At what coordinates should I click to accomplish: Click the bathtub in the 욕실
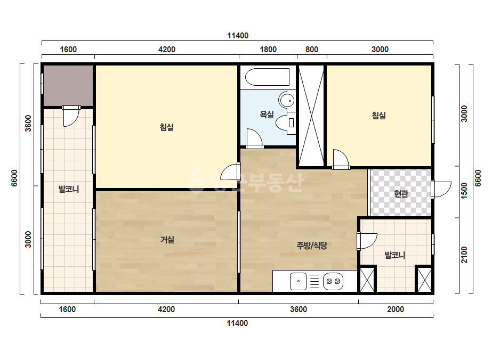[267, 77]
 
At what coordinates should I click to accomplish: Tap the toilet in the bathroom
[286, 122]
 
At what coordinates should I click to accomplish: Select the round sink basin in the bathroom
[287, 101]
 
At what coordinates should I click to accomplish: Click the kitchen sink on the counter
[298, 281]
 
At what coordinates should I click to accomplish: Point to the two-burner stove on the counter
[333, 281]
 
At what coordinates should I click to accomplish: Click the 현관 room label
[401, 193]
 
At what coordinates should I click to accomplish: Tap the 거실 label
[167, 240]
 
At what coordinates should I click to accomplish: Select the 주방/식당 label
[312, 245]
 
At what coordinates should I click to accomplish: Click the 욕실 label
[267, 114]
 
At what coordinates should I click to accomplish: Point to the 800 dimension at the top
[312, 49]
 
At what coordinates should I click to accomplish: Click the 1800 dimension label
[268, 49]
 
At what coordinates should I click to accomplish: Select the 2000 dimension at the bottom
[396, 309]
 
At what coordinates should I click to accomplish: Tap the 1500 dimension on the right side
[464, 190]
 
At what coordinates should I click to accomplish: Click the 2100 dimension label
[464, 255]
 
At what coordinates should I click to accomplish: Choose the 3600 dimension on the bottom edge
[299, 309]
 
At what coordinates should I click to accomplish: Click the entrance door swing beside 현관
[441, 190]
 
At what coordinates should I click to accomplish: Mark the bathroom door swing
[254, 138]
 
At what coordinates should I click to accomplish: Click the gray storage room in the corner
[68, 86]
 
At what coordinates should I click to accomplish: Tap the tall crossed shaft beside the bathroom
[311, 116]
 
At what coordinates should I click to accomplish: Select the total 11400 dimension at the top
[238, 36]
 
